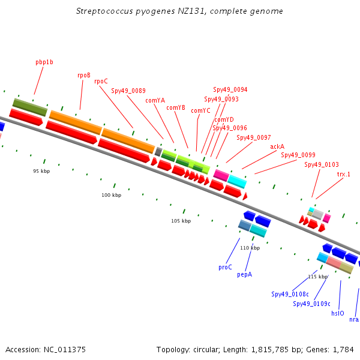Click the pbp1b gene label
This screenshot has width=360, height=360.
[x=44, y=62]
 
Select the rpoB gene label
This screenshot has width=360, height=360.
[x=84, y=76]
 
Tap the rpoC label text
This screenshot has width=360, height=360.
[x=101, y=81]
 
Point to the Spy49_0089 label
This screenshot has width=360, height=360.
[x=128, y=91]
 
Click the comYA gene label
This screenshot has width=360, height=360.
[x=155, y=101]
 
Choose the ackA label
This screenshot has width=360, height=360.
[x=277, y=146]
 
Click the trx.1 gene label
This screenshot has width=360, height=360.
[x=344, y=174]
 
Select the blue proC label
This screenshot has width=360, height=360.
[x=225, y=267]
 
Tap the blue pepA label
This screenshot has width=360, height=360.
[x=245, y=275]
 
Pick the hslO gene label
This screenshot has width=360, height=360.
[x=338, y=313]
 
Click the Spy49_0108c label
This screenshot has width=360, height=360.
[x=290, y=294]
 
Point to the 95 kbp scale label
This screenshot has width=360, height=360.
[x=41, y=171]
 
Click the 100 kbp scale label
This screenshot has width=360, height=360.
[x=112, y=195]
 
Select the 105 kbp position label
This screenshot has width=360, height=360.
[x=181, y=221]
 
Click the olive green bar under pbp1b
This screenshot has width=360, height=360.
[x=30, y=107]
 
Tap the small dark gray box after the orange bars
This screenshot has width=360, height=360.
[x=158, y=152]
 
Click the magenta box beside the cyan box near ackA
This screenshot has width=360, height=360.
[x=221, y=175]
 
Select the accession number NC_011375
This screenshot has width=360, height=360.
[x=65, y=350]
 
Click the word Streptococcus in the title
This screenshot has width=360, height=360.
[x=104, y=11]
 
